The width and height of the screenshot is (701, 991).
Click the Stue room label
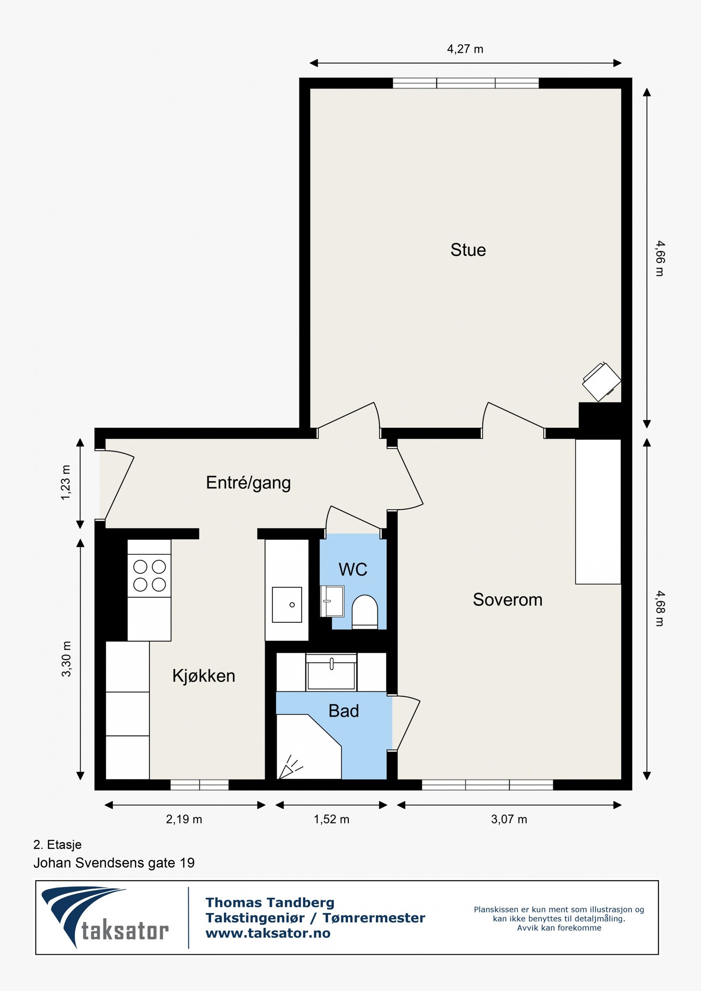coord(468,250)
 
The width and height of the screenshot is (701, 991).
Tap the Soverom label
coord(507,600)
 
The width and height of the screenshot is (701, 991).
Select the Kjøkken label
coord(204,676)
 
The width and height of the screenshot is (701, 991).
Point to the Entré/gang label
coord(248,483)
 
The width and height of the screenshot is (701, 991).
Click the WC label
coord(353,569)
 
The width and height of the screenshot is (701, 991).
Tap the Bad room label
coord(343,711)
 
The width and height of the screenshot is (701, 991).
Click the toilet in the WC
coord(365,611)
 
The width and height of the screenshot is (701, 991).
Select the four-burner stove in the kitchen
coord(149,575)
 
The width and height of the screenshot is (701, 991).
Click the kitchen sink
coord(287,605)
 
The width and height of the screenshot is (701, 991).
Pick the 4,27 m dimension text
coord(465,49)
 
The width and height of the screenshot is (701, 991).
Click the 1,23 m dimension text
coord(65,483)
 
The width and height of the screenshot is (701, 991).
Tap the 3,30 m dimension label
coord(66,659)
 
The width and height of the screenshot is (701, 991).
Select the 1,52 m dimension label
coord(331,819)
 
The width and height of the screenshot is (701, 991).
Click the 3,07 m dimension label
coord(509,819)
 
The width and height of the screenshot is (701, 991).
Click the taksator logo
coord(105,917)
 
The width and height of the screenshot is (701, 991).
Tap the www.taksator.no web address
coord(268,933)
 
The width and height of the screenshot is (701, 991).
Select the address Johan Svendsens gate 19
coord(114,863)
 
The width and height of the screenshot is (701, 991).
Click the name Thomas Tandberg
coord(270,903)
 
